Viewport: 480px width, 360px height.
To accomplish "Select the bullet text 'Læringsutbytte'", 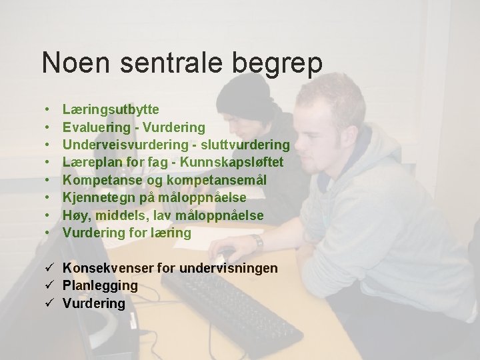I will tap(111, 109).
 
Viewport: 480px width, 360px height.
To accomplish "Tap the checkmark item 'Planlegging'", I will tap(100, 286).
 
